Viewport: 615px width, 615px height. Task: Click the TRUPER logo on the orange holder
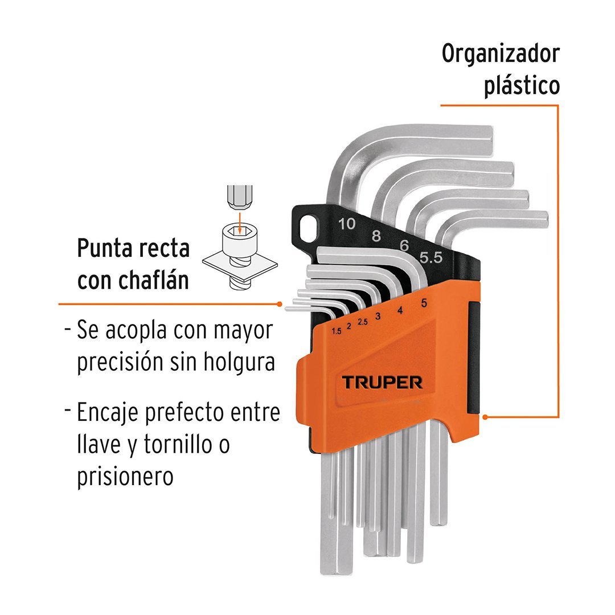[382, 382]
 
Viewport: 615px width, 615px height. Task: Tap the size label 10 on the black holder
[346, 224]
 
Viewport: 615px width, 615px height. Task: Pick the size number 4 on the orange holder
[400, 311]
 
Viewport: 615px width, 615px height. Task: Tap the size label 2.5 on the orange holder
[363, 322]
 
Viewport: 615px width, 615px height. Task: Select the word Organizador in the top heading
[501, 55]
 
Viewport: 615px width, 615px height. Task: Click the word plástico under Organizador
[522, 87]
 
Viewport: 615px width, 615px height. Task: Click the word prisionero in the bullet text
[125, 476]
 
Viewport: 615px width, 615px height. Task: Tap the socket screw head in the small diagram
[240, 242]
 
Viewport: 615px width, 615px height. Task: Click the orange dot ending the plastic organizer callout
[485, 417]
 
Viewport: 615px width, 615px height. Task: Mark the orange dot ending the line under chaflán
[279, 304]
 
